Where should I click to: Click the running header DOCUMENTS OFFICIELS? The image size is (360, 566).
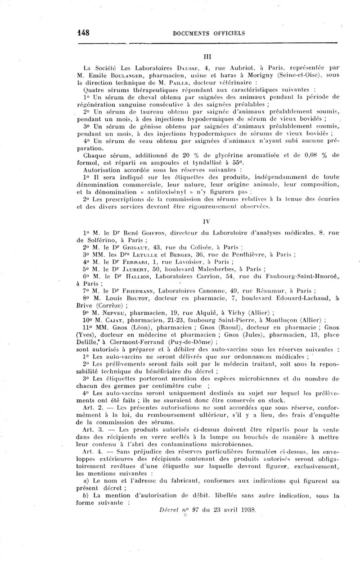click(209, 33)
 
